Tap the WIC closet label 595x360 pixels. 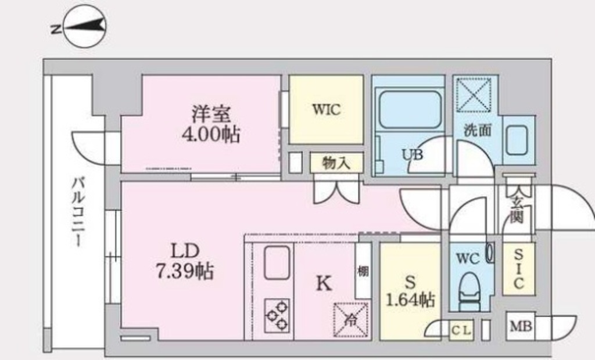coord(326,110)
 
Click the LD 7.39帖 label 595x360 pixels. coord(185,261)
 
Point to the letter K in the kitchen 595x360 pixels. coord(324,283)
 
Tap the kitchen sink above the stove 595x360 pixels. coord(277,262)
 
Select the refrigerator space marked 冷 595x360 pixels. coord(350,320)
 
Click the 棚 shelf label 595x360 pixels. coord(363,271)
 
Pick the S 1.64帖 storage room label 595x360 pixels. coord(410,291)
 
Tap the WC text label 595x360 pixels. coord(468,259)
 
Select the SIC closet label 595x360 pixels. coord(519,269)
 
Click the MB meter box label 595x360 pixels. coord(521,326)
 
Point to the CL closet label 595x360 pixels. coord(461,330)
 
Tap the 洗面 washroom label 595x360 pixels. coord(478,130)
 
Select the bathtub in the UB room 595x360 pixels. coord(410,109)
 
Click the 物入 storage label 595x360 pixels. coord(336,163)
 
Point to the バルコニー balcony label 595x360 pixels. coord(78,212)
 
